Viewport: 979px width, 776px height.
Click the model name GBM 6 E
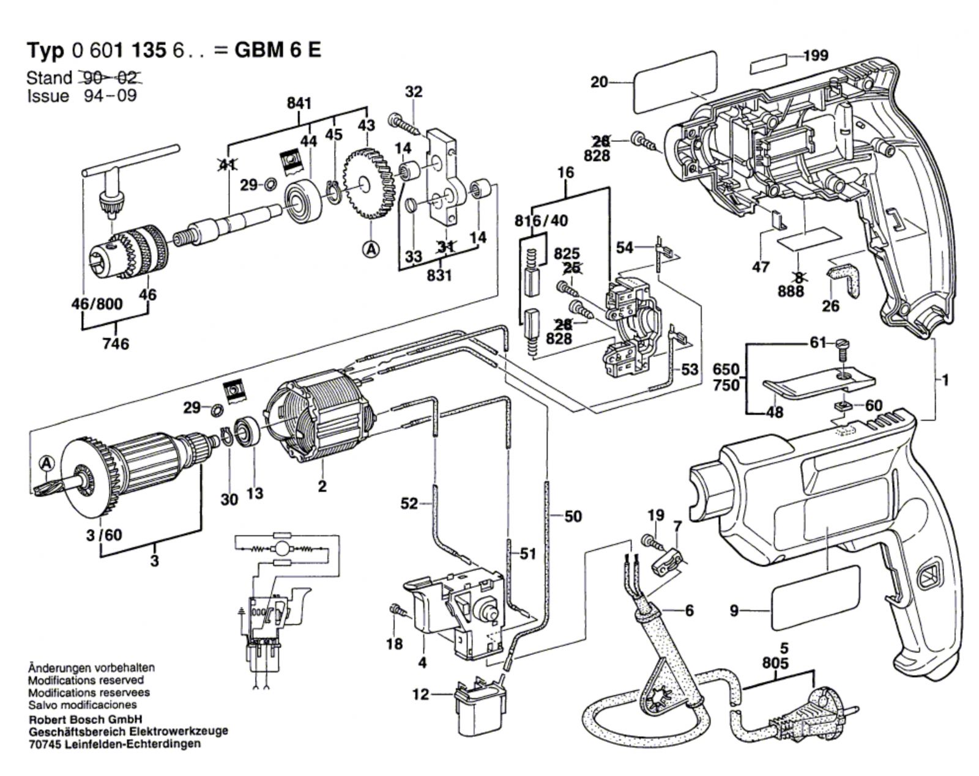[278, 50]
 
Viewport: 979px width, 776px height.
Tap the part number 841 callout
[299, 103]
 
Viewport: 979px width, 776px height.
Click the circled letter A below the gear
[371, 249]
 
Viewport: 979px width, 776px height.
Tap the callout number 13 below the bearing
[255, 493]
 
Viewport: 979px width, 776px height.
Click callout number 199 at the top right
[816, 56]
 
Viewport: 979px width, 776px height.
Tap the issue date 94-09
[110, 96]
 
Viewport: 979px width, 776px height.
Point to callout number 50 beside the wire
[573, 516]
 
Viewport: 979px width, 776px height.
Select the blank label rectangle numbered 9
[815, 598]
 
